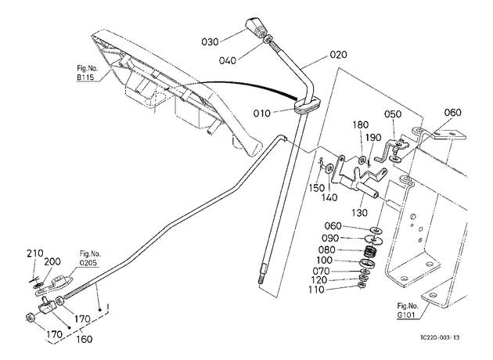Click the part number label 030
[x=210, y=41]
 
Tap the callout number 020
[x=339, y=55]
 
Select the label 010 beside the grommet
[x=262, y=113]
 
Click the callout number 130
[x=359, y=213]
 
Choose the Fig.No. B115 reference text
[x=87, y=73]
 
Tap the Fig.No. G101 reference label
[x=408, y=310]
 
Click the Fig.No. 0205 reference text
[x=90, y=258]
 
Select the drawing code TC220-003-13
[x=440, y=337]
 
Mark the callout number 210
[x=35, y=254]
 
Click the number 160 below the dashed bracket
[x=85, y=340]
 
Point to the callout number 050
[x=393, y=114]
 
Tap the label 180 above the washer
[x=360, y=124]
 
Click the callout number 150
[x=316, y=188]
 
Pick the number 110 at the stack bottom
[x=316, y=290]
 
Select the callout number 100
[x=325, y=261]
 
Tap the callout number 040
[x=227, y=60]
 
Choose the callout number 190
[x=373, y=138]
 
